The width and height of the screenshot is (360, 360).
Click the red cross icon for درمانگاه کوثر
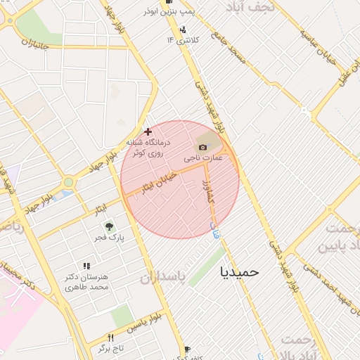(148, 131)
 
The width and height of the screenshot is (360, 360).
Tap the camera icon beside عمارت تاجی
(203, 147)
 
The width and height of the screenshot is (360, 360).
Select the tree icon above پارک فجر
(109, 226)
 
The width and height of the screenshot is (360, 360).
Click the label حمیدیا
(240, 271)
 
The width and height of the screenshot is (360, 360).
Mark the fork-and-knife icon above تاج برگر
(110, 337)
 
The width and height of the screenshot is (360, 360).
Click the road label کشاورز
(207, 191)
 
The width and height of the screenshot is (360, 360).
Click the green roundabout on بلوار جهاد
(68, 183)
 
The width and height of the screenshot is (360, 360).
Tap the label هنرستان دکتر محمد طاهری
(86, 282)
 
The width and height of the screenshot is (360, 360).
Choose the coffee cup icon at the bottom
(187, 349)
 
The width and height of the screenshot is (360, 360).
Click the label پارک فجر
(110, 238)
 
